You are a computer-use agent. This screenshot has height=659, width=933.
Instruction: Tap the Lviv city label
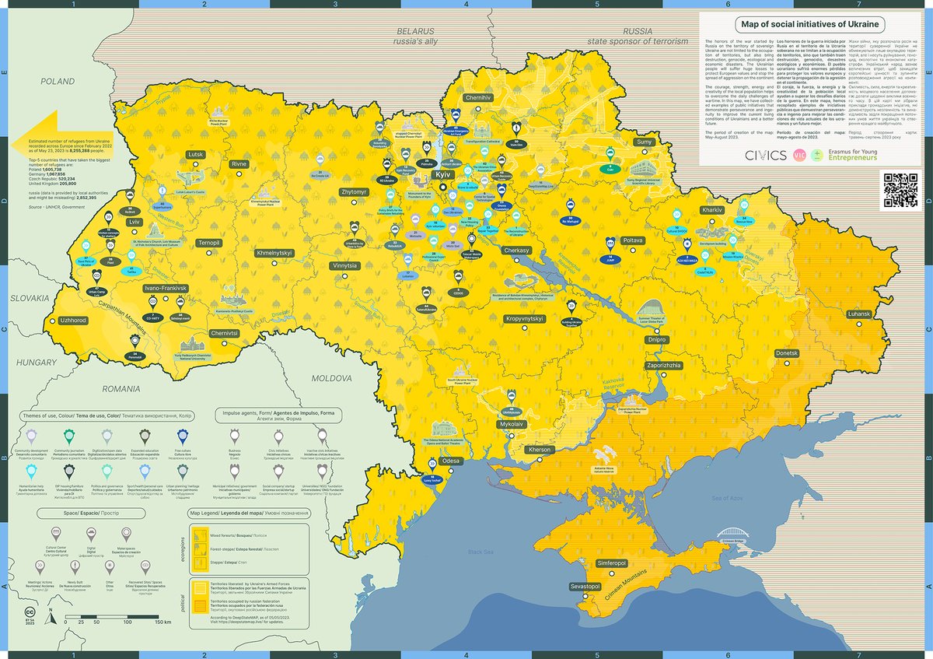click(x=135, y=222)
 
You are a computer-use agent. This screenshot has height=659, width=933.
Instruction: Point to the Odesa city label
click(x=450, y=461)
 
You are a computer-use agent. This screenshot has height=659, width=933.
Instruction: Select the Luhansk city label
click(x=860, y=314)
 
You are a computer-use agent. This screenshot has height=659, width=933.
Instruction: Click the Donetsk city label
click(x=787, y=353)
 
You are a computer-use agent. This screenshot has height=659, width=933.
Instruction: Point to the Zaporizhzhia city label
click(x=663, y=365)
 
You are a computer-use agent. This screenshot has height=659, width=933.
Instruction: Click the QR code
click(x=901, y=190)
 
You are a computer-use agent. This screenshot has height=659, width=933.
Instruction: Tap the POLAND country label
click(x=58, y=81)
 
